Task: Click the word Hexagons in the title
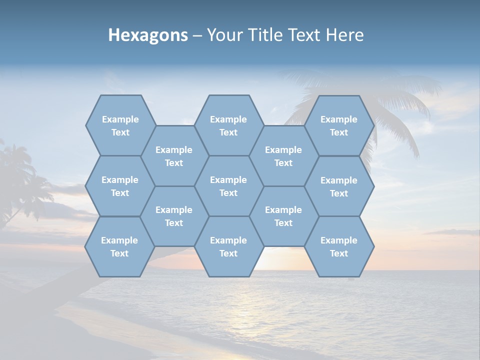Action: (x=148, y=35)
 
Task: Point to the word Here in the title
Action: (x=345, y=35)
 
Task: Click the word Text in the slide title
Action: (x=305, y=35)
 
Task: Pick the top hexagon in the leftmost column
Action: (x=120, y=125)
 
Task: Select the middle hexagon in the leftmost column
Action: (x=120, y=186)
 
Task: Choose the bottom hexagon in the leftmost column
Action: (x=119, y=246)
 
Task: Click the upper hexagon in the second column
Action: (x=174, y=156)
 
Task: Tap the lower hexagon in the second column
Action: (x=174, y=216)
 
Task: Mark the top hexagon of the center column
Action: (x=228, y=125)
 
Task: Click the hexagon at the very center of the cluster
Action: (x=228, y=186)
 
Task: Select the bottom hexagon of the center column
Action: (x=228, y=246)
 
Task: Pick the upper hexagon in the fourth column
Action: (x=283, y=156)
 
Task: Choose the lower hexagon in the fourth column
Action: (x=283, y=216)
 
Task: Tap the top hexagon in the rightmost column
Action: (x=339, y=125)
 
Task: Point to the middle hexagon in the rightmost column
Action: (x=339, y=186)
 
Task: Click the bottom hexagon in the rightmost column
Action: (x=339, y=246)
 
